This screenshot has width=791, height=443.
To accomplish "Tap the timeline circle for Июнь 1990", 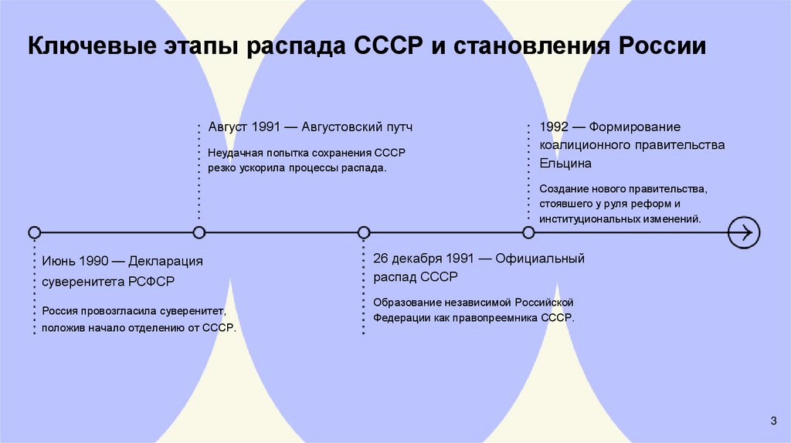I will [x=34, y=232].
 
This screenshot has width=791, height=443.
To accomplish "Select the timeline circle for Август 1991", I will [x=199, y=232].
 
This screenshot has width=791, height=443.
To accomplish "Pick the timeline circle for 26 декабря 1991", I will [x=364, y=232].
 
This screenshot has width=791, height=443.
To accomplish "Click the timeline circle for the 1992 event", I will [x=528, y=232].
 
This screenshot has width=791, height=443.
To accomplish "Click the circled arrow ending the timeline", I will [x=744, y=232].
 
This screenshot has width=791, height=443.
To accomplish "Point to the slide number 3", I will [x=772, y=420].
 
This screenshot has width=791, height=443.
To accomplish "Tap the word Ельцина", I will [x=565, y=164].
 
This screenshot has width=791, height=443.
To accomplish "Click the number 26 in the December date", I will [x=381, y=259].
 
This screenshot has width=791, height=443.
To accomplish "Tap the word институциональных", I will [x=589, y=219].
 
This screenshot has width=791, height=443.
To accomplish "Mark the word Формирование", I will [x=637, y=127].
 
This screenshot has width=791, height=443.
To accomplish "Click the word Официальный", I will [x=546, y=259].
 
